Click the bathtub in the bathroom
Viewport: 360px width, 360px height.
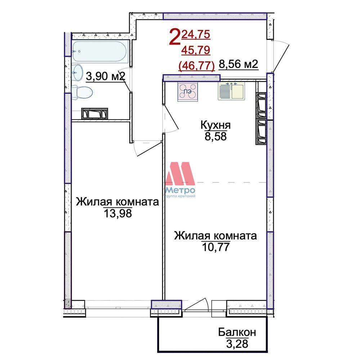100,51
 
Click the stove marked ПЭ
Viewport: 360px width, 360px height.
188,92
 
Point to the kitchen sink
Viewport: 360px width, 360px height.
231,91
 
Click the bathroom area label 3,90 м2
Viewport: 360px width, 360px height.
105,76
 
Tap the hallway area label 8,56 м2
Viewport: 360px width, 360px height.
239,64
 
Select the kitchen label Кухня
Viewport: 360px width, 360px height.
216,125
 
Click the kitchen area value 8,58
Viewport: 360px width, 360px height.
216,136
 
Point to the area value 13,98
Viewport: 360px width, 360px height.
118,213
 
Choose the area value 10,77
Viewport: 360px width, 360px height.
216,247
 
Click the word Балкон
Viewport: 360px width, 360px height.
237,332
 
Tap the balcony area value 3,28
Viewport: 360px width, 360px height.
237,344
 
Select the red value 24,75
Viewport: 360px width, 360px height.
195,35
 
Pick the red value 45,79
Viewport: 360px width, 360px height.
195,50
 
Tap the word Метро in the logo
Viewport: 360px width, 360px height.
180,190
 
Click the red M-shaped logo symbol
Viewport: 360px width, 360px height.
180,174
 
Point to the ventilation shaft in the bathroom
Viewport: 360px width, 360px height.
95,113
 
